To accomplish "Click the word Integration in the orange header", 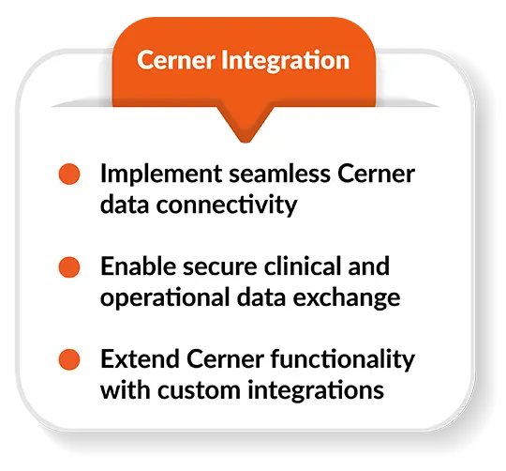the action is click(x=285, y=61).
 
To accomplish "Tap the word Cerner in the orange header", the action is click(x=176, y=60).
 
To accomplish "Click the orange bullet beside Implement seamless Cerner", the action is click(x=69, y=175).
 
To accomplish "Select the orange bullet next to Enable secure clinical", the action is click(x=69, y=267).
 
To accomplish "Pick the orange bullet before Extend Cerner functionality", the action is click(x=69, y=359).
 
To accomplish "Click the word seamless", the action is click(x=280, y=174).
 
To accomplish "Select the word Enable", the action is click(x=139, y=266).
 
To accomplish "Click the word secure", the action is click(x=220, y=268).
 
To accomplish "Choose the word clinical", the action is click(x=303, y=266).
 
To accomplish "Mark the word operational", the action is click(x=165, y=298).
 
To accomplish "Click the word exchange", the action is click(x=347, y=298).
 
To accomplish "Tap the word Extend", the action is click(x=140, y=359).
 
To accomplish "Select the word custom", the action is click(x=199, y=391).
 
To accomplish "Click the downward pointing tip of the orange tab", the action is click(x=246, y=141).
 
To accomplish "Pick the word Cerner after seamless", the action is click(x=377, y=175).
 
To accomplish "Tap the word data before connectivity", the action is click(x=125, y=205).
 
